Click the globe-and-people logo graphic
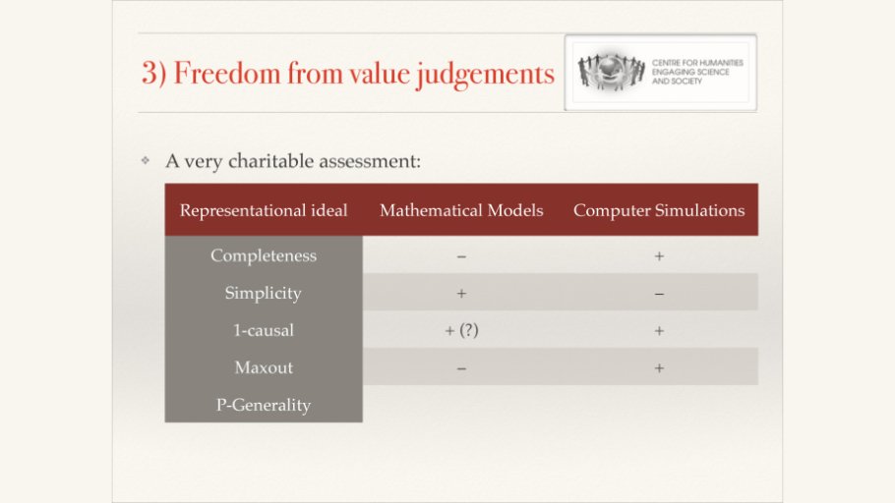[611, 72]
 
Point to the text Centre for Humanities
[697, 63]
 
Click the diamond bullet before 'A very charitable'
[146, 161]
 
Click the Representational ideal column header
[264, 210]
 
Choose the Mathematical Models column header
[461, 210]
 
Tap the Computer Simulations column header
[659, 210]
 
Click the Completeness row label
[264, 255]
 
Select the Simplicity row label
[264, 293]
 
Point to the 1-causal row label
[264, 330]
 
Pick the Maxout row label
[264, 367]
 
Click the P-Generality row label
[264, 405]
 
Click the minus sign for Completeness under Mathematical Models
[461, 256]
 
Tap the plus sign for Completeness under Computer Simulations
[659, 256]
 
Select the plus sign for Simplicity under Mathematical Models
[461, 293]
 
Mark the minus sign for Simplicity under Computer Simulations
[659, 295]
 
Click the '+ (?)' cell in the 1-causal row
[461, 330]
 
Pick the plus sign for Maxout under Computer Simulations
[659, 367]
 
